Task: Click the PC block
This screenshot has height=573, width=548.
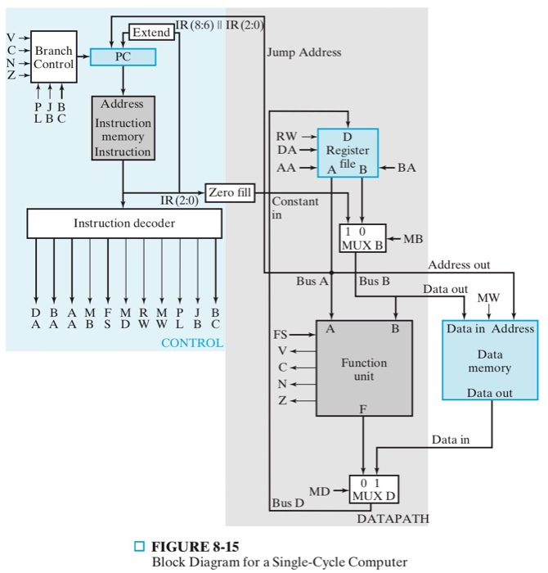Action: click(x=123, y=57)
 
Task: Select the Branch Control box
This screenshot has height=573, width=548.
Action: click(x=53, y=57)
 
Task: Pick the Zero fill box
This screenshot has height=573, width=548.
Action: click(x=229, y=193)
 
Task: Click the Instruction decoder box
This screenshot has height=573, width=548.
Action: click(x=124, y=223)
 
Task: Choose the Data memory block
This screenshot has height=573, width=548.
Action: click(x=490, y=361)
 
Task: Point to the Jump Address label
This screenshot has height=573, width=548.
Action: click(x=304, y=52)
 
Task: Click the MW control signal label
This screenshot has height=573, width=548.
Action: click(x=488, y=297)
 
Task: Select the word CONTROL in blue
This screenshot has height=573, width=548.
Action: click(x=192, y=343)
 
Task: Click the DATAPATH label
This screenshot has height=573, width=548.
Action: click(x=393, y=519)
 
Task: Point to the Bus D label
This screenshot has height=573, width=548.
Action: click(x=288, y=501)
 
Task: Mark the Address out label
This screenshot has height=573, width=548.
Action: click(x=460, y=264)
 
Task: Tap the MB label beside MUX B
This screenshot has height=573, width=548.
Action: click(x=413, y=239)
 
